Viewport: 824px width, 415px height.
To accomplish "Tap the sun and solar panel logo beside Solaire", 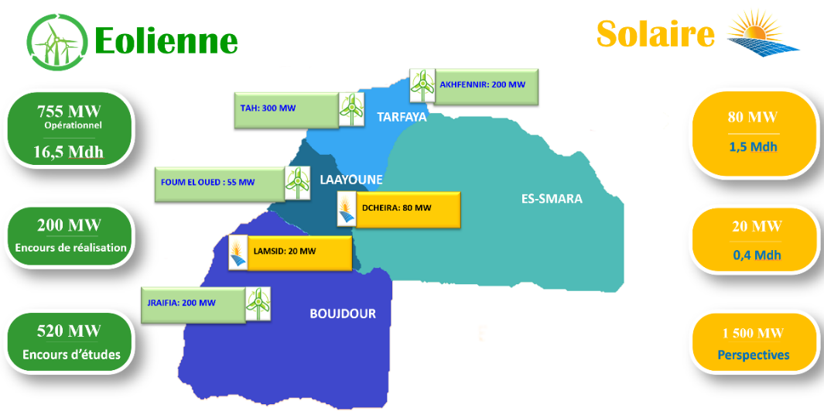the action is [763, 32].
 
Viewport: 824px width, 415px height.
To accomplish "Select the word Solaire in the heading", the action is [655, 33].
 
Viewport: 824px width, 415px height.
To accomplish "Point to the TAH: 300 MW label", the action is [268, 108].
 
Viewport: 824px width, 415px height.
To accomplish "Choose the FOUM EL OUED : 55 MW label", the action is [207, 183].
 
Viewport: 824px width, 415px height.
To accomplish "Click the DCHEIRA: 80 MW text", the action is [397, 207].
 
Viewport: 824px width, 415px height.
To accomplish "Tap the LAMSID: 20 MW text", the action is [285, 252].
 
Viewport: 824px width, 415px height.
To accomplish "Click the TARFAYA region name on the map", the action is [402, 117].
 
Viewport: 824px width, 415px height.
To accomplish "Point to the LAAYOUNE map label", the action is [351, 180].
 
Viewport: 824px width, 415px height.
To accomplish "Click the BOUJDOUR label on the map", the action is [344, 314].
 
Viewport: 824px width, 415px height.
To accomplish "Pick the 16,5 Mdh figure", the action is [69, 152].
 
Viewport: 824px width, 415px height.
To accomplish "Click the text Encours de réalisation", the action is [71, 249].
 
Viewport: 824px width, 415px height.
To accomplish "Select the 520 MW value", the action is [69, 331].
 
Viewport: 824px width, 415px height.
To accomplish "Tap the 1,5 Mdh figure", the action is [753, 147].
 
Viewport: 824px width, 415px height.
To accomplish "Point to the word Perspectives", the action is [754, 355].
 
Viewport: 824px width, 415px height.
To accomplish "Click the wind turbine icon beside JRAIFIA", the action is [258, 304].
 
